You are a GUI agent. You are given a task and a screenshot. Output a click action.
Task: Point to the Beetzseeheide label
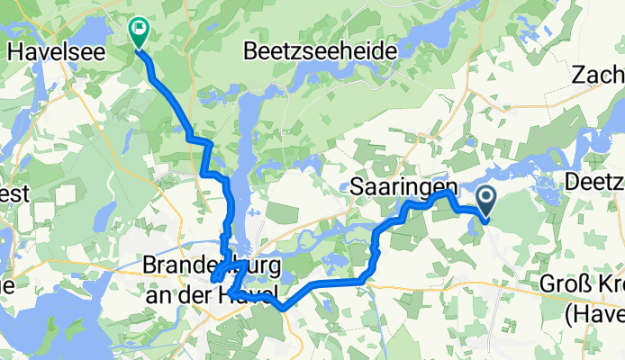point(319,52)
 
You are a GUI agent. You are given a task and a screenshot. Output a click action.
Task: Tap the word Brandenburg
point(211,267)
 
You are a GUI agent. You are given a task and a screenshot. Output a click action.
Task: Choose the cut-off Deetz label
point(595,182)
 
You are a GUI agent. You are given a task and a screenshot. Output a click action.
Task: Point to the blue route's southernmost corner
point(283,309)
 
